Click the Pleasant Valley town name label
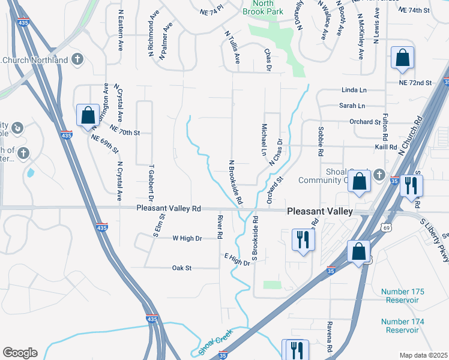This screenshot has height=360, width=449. click(321, 212)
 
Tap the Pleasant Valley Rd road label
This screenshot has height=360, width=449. click(168, 208)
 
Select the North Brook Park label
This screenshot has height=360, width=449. click(262, 7)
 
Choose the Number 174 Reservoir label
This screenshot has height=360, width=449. click(402, 326)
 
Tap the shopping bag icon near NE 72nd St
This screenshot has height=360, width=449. click(402, 59)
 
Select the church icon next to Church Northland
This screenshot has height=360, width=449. click(77, 59)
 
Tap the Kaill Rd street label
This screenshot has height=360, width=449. click(385, 146)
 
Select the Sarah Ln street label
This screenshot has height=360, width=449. click(352, 106)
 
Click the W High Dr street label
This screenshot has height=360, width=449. click(187, 238)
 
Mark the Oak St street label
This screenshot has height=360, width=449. click(181, 268)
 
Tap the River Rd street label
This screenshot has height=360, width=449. click(220, 224)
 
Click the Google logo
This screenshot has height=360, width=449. click(20, 353)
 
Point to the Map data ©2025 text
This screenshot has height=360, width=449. click(423, 355)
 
